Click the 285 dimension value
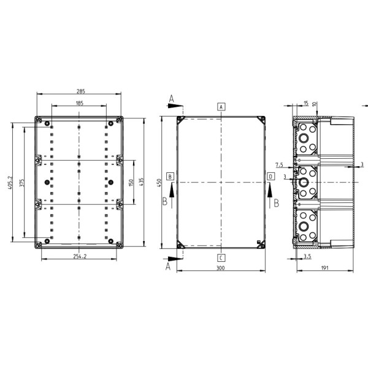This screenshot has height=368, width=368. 81,91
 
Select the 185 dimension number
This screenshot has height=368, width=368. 80,103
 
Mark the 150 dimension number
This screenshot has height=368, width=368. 131,183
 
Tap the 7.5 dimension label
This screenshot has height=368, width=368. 279,165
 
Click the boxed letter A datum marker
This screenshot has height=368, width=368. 221,106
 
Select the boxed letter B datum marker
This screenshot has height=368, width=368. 171,177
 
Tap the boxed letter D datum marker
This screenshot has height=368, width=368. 270,177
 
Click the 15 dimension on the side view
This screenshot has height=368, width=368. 306,102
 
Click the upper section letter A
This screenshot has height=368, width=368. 172,98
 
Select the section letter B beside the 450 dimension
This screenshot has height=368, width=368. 164,201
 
